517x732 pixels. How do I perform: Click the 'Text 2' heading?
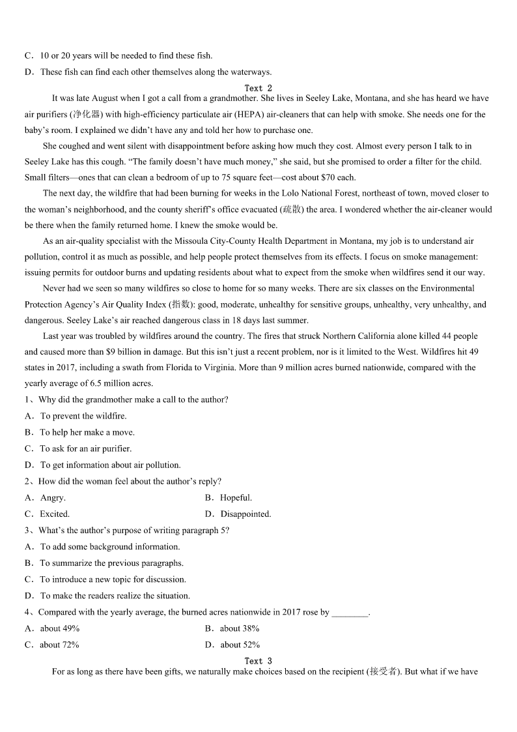coord(258,88)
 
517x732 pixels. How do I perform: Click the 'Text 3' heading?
coord(258,661)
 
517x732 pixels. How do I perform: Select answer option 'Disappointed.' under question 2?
coord(245,514)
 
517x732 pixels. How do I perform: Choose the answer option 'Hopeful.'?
coord(236,498)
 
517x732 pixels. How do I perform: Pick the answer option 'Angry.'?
coord(53,498)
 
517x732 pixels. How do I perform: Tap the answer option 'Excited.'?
coord(55,514)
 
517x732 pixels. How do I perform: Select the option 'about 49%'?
coord(60,629)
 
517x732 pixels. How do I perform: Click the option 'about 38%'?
coord(240,629)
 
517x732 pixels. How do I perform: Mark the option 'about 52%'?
coord(240,645)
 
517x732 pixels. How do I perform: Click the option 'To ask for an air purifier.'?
coord(85,449)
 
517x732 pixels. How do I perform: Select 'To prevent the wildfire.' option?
coord(83,417)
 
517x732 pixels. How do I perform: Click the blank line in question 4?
coord(350,613)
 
